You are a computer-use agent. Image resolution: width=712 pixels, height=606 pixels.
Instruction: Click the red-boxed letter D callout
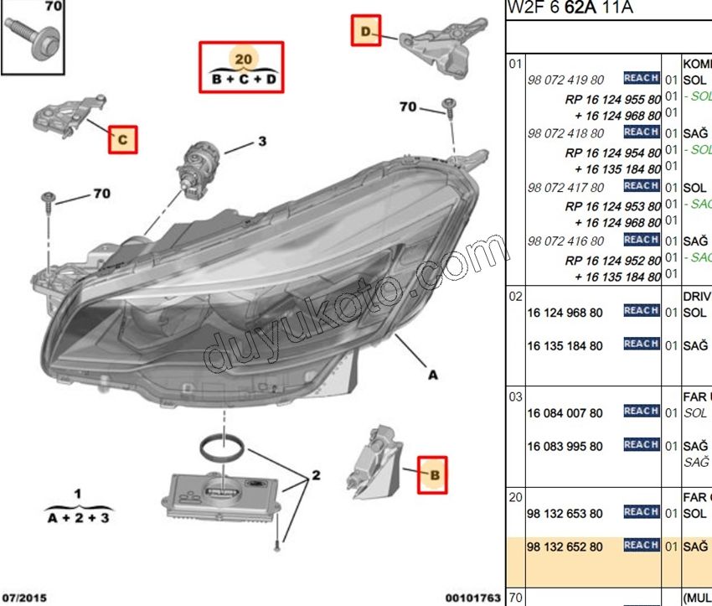tap(365, 32)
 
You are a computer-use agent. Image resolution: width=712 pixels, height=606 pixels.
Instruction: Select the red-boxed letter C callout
tap(123, 139)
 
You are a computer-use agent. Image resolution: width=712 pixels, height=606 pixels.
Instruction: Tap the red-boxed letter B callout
tap(433, 475)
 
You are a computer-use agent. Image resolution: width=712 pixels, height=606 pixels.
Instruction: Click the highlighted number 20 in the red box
tap(242, 59)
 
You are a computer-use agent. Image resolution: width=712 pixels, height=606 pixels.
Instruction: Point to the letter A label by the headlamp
tap(433, 376)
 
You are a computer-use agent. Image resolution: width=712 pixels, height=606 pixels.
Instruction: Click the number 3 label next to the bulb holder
tap(261, 142)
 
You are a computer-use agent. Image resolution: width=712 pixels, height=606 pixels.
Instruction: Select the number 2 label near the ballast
tap(316, 475)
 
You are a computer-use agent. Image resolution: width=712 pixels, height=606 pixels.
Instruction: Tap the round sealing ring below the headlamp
tap(224, 447)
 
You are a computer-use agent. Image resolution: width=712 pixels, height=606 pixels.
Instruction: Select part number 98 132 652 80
tap(564, 547)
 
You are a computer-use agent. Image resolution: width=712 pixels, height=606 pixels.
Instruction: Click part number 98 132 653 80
tap(564, 514)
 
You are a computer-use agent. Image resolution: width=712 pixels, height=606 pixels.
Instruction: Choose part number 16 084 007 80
tap(564, 413)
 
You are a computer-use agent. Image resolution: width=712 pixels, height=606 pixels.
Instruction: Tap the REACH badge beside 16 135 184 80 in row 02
tap(641, 344)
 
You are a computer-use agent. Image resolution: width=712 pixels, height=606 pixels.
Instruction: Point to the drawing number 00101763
tap(472, 598)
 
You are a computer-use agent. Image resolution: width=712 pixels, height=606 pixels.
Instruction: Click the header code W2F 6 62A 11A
tap(570, 8)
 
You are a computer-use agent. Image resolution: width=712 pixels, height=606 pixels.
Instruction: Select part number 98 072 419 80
tap(565, 80)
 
